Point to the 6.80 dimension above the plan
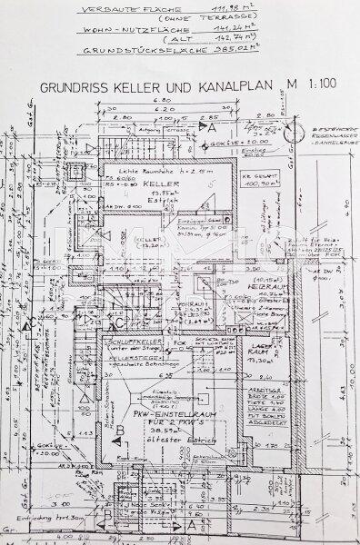[163, 103]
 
